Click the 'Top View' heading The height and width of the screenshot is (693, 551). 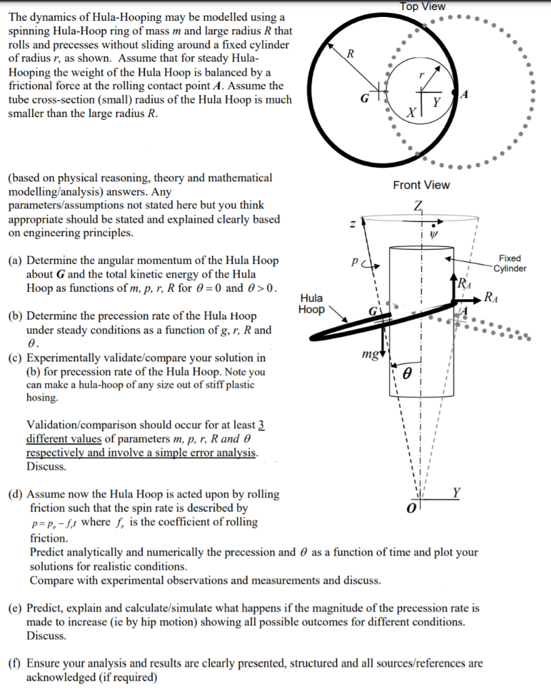pyautogui.click(x=422, y=6)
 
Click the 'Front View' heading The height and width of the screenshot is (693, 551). pyautogui.click(x=421, y=185)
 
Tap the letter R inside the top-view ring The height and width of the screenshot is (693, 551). pyautogui.click(x=350, y=53)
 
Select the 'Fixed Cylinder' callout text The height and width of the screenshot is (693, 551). pyautogui.click(x=510, y=263)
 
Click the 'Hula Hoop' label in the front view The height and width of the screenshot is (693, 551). pyautogui.click(x=311, y=303)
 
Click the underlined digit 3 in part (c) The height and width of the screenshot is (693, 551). pyautogui.click(x=261, y=425)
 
